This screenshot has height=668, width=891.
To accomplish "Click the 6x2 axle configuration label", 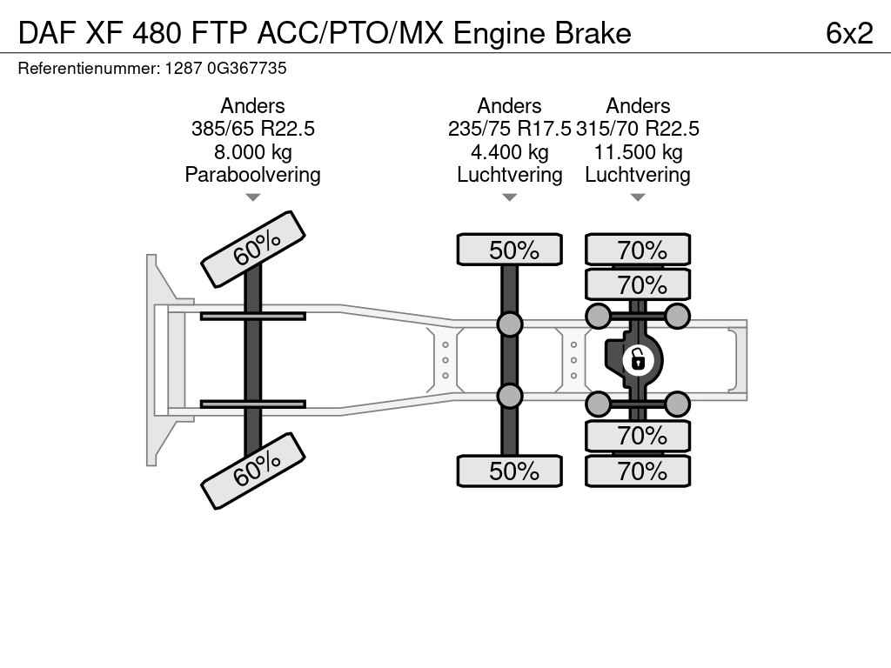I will pyautogui.click(x=849, y=32).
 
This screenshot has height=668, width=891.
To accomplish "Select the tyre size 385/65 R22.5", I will pyautogui.click(x=252, y=129).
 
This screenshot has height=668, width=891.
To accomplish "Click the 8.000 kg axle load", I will pyautogui.click(x=252, y=152).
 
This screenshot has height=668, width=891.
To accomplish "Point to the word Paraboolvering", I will pyautogui.click(x=252, y=175).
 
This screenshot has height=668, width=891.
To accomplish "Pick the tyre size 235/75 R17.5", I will pyautogui.click(x=509, y=129).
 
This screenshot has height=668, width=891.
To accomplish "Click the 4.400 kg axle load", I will pyautogui.click(x=509, y=152).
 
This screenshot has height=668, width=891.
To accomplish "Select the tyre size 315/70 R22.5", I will pyautogui.click(x=638, y=129).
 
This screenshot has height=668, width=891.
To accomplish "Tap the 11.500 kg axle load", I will pyautogui.click(x=638, y=152).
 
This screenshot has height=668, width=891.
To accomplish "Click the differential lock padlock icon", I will pyautogui.click(x=638, y=358).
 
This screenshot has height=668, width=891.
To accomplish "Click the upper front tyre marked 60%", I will pyautogui.click(x=253, y=249).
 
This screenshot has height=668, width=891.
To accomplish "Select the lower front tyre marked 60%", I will pyautogui.click(x=253, y=471).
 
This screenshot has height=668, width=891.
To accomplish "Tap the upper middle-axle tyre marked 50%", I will pyautogui.click(x=510, y=250).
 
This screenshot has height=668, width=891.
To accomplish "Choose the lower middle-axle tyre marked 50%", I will pyautogui.click(x=510, y=471).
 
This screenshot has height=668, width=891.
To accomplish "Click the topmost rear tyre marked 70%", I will pyautogui.click(x=638, y=250).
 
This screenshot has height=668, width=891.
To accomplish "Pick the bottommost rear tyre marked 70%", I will pyautogui.click(x=638, y=471).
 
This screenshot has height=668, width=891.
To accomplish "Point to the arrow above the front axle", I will pyautogui.click(x=252, y=197).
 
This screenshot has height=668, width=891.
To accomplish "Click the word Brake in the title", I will pyautogui.click(x=592, y=32).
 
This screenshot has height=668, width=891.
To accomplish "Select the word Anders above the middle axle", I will pyautogui.click(x=509, y=106).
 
